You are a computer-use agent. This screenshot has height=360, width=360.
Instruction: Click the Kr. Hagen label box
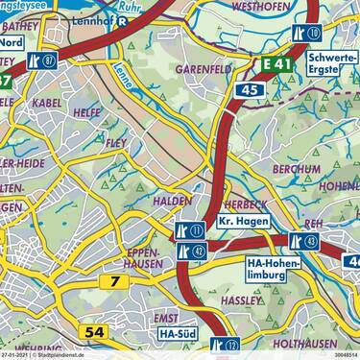(240, 223)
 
